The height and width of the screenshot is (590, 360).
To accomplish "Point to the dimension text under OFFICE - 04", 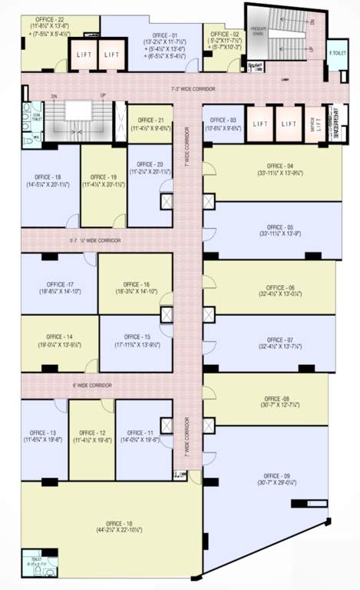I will click(x=279, y=174).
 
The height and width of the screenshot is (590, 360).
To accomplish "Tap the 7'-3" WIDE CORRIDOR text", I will click(x=192, y=90).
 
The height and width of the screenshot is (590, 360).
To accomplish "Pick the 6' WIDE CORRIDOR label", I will click(x=92, y=385).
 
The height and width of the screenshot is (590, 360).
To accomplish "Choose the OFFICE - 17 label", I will click(x=59, y=284).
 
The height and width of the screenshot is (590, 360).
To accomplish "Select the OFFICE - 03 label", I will click(x=223, y=121).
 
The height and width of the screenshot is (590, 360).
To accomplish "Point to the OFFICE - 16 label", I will click(x=135, y=284).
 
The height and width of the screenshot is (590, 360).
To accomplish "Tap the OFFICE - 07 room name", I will click(x=279, y=340).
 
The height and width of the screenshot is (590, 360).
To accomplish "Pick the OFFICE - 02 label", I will click(x=225, y=35).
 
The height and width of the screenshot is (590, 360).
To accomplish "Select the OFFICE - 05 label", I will click(x=279, y=227).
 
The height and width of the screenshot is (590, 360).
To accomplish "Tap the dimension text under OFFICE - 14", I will click(x=58, y=345).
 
